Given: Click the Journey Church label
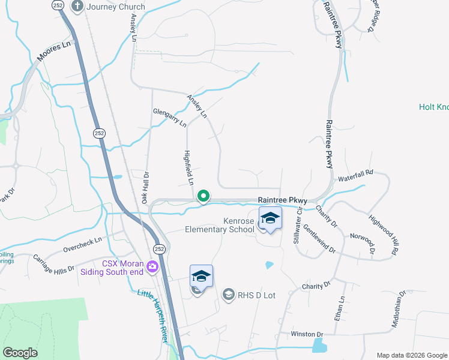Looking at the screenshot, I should click(x=116, y=7).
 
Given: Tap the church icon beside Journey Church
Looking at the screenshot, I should click(x=77, y=6).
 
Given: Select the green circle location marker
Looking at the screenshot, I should click(x=203, y=196).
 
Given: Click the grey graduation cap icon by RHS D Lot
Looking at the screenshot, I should click(x=228, y=294).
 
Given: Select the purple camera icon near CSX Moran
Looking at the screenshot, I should click(x=153, y=266).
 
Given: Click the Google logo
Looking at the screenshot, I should click(x=20, y=353).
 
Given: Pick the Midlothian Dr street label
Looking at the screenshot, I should click(x=399, y=309).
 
